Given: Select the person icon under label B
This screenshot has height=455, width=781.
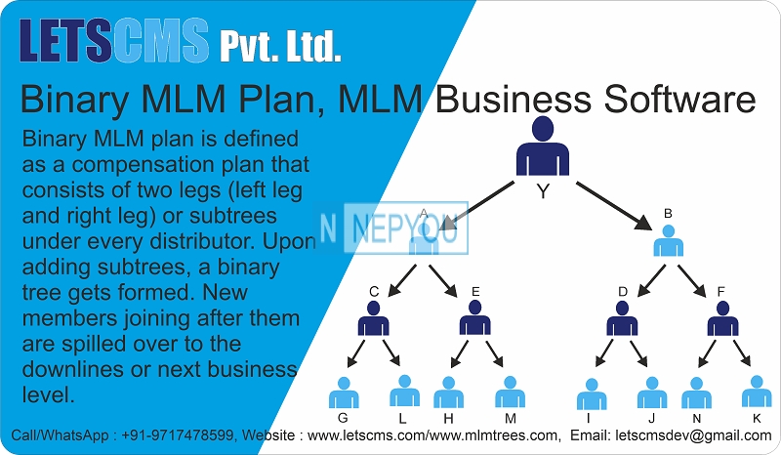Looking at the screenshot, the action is (668, 240).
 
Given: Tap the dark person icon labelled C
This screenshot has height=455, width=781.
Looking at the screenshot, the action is (374, 318).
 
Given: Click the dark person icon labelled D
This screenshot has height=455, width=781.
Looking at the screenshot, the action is (622, 318).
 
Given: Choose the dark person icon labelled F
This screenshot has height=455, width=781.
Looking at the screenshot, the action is (722, 318).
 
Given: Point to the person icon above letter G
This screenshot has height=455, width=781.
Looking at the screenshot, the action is (344, 393).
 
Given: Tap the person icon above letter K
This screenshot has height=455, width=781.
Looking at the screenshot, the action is (757, 392).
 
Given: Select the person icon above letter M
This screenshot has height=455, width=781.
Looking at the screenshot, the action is (510, 392).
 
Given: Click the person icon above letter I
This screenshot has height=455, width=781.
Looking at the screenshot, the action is (592, 393).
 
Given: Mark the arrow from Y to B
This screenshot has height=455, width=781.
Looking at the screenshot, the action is (614, 206).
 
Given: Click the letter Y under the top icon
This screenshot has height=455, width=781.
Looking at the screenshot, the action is (543, 191).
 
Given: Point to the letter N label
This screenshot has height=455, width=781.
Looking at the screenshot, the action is (696, 419).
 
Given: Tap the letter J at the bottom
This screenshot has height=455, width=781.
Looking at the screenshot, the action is (651, 419).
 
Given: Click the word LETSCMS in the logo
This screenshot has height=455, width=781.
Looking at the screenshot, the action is (114, 40).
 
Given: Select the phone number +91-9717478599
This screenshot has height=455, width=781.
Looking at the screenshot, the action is (177, 435).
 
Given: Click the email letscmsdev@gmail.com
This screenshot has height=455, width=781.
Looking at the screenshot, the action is (693, 435).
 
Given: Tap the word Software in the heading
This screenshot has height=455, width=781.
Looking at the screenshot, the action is (679, 100).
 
